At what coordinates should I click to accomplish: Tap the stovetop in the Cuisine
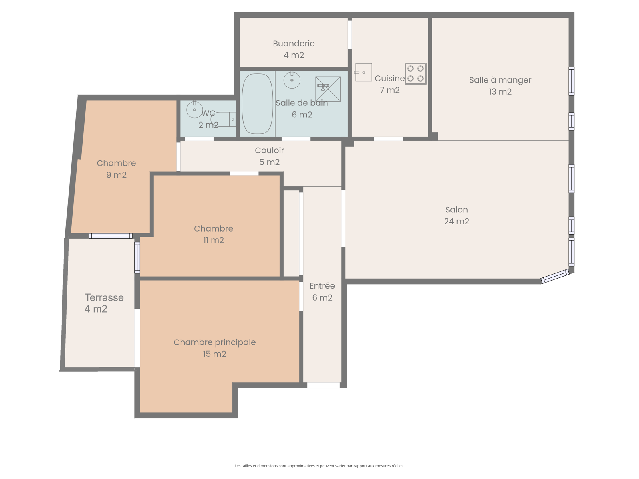click(415, 73)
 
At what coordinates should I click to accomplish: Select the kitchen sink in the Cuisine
click(363, 72)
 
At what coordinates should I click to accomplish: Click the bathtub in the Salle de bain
click(257, 103)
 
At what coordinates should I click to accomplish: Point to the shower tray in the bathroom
click(328, 89)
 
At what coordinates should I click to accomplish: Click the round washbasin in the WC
click(194, 109)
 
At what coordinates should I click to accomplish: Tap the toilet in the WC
click(223, 119)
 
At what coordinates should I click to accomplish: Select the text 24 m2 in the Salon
click(456, 221)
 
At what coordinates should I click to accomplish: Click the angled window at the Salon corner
click(555, 276)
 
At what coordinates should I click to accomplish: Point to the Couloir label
click(269, 150)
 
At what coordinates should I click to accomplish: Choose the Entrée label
click(322, 286)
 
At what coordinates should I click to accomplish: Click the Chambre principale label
click(214, 342)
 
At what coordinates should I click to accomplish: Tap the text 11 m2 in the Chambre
click(214, 240)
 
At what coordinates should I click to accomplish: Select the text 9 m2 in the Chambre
click(117, 175)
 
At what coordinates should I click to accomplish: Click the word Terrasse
click(104, 297)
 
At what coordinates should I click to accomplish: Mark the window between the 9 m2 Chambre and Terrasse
click(110, 236)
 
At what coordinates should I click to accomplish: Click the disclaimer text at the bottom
click(319, 466)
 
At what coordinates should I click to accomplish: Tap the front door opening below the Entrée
click(323, 385)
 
